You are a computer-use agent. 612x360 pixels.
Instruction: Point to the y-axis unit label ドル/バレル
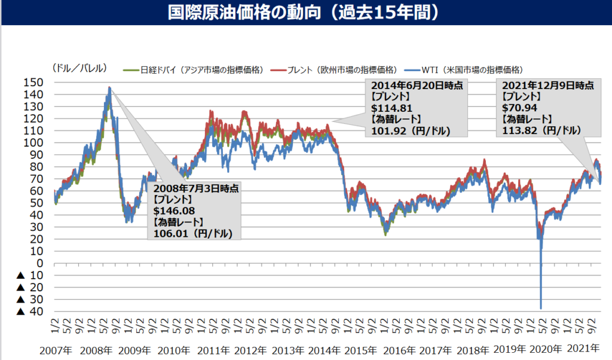coord(80,67)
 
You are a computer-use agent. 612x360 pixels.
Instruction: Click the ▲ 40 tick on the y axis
coord(29,311)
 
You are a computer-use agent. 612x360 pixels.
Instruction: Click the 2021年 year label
coord(585,349)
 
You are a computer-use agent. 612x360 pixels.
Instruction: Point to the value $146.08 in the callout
coord(174,210)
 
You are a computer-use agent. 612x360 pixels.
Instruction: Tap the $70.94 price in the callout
coord(518,108)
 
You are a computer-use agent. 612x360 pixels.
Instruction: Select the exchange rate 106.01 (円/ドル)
coord(193,233)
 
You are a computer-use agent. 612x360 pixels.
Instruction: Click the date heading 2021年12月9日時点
coord(547,86)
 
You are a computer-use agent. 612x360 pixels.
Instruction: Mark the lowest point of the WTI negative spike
coord(541,309)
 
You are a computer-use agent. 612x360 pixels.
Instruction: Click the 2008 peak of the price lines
coord(109,88)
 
